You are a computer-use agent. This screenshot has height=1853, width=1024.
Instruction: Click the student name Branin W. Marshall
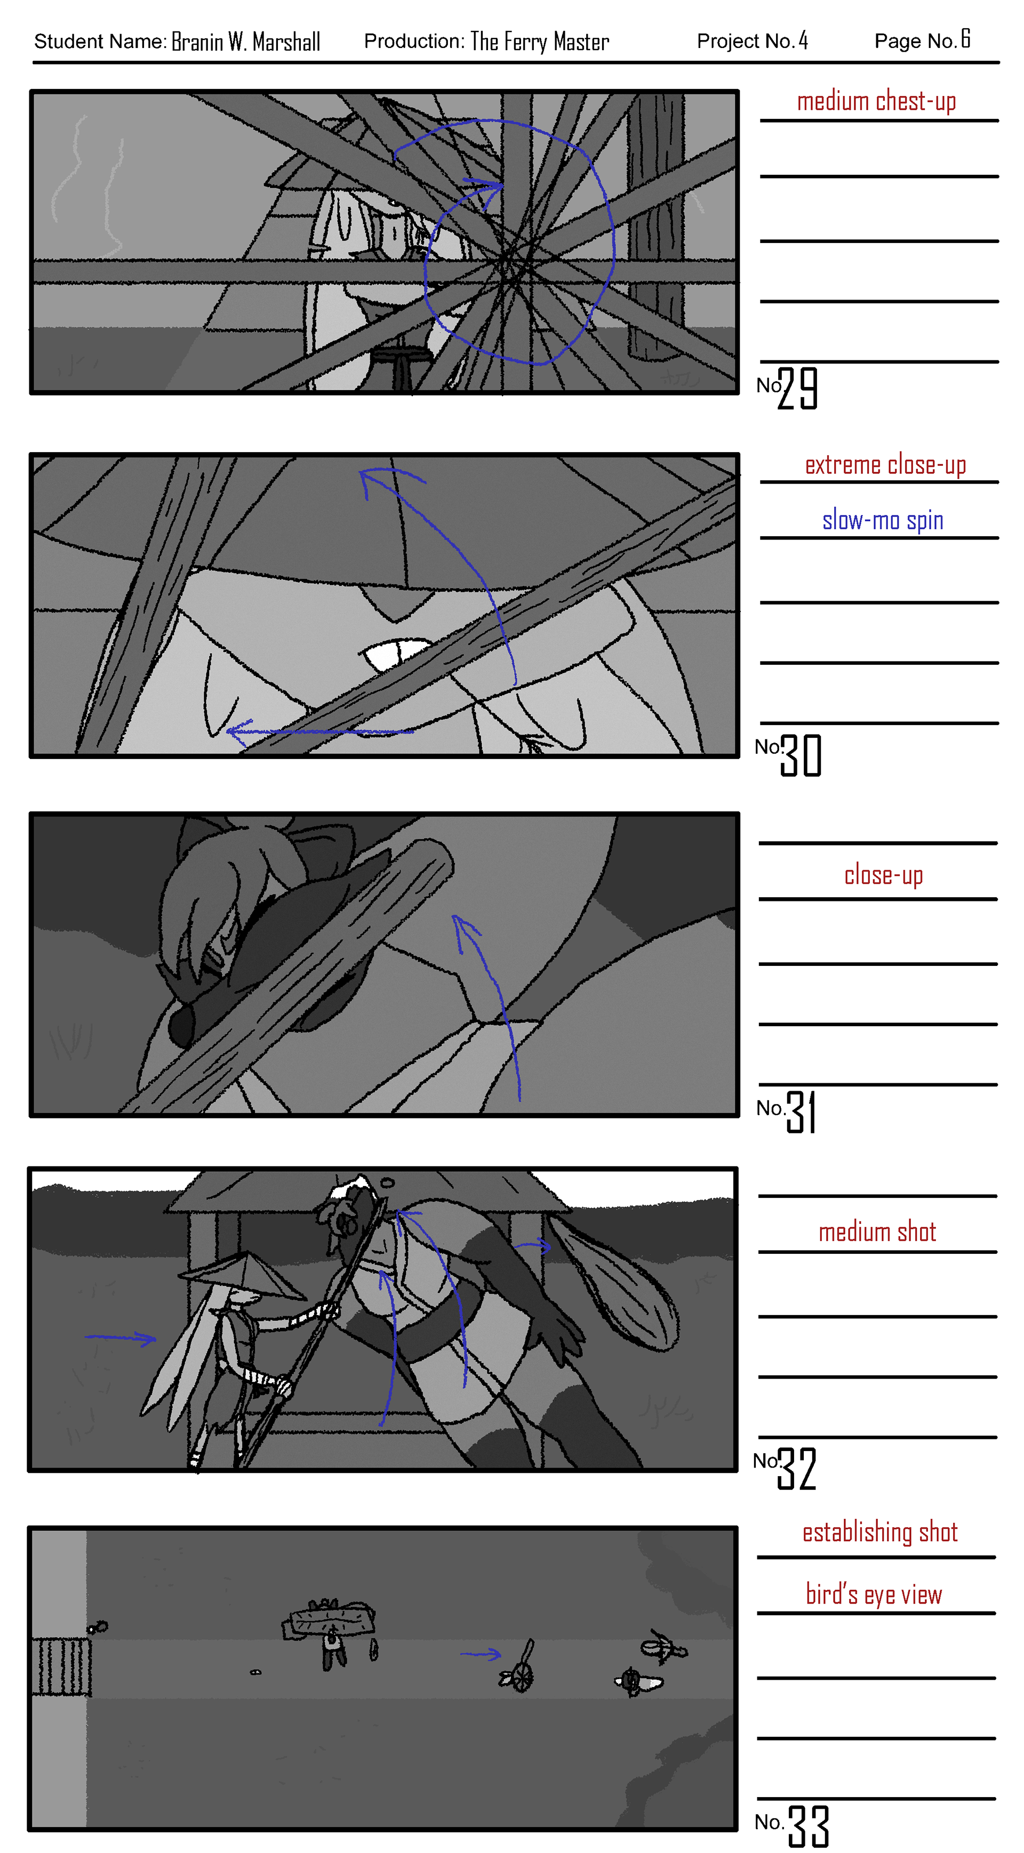tap(245, 42)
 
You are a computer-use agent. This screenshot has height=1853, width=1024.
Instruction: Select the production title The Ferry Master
tap(540, 42)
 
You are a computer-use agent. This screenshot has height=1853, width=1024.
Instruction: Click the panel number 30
tap(801, 755)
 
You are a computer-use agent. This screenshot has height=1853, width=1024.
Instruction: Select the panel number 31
tap(801, 1111)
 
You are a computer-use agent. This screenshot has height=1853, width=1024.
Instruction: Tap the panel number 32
tap(797, 1468)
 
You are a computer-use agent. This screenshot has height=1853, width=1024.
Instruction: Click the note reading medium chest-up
tap(876, 101)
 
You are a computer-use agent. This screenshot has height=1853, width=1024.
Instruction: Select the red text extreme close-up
tap(885, 465)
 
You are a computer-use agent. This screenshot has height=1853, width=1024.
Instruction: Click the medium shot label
tap(877, 1232)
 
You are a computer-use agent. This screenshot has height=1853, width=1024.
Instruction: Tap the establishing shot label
tap(880, 1532)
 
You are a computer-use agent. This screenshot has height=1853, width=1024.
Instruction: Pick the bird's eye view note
tap(874, 1595)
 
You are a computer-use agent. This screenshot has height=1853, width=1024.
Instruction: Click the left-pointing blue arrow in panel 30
tap(319, 731)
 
